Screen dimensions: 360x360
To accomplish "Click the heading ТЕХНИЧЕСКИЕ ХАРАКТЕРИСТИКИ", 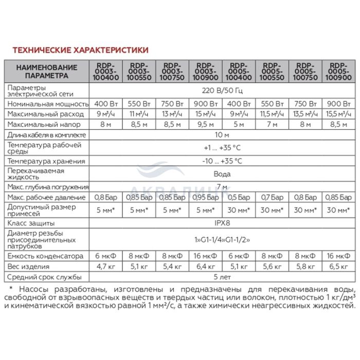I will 80,50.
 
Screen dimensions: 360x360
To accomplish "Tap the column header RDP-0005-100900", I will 338,71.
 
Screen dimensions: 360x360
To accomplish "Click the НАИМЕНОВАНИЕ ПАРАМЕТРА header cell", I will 46,71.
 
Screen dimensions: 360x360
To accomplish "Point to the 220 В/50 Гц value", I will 222,91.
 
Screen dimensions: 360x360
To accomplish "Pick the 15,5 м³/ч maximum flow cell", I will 338,113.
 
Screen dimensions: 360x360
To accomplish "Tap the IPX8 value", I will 222,224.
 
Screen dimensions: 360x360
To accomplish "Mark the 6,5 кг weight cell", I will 338,266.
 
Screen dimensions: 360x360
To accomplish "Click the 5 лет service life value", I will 222,278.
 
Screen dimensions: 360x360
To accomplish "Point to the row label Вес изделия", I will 28,266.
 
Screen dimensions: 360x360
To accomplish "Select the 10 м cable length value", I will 222,135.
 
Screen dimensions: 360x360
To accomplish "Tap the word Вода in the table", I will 222,174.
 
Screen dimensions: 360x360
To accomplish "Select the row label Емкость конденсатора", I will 45,256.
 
